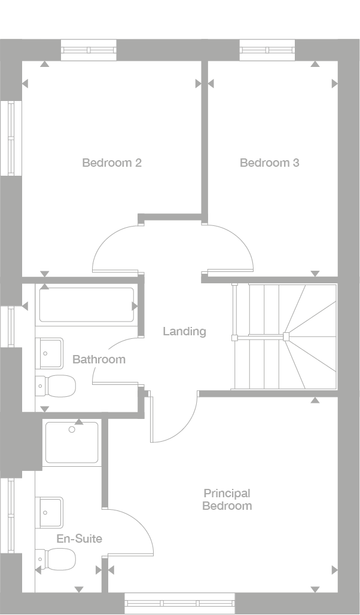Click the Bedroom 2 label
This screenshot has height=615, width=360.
(x=112, y=163)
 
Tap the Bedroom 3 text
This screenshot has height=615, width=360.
(x=269, y=163)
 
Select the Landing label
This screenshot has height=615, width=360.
(x=184, y=331)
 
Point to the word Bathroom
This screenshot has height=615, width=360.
(x=99, y=359)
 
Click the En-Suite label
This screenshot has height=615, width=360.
(x=79, y=538)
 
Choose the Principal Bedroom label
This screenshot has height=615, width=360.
(x=227, y=500)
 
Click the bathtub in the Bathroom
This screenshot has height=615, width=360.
(x=87, y=305)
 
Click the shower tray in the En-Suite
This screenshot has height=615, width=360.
(x=72, y=443)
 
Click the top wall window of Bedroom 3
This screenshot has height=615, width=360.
(x=267, y=50)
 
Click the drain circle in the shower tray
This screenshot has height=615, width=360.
(x=72, y=429)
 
